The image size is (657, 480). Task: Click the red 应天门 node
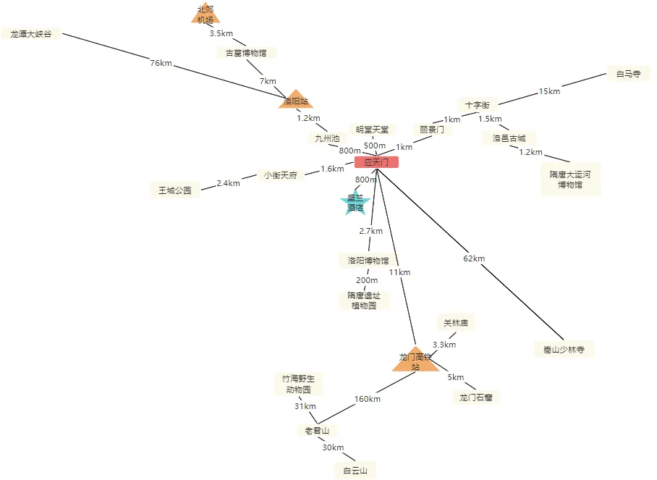pos(376,162)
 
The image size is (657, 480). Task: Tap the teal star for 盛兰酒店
pos(355,203)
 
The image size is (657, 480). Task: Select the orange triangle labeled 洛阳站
pos(296,101)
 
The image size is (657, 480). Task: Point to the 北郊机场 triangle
pos(205,14)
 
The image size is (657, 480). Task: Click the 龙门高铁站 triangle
pos(415,361)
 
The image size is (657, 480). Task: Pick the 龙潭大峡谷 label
pos(31,34)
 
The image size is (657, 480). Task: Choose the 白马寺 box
pos(628,74)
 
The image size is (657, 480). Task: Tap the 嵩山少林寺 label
pos(564,349)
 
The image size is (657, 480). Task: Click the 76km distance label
pos(161,64)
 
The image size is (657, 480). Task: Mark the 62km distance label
pos(474,258)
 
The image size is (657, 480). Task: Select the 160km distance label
pos(368,399)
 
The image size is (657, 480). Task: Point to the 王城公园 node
pos(175,191)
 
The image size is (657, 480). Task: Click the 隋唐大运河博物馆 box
pos(570,180)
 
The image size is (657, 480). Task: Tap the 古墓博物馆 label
pos(246,53)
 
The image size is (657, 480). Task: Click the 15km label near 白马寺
pos(549,91)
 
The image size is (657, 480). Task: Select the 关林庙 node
pos(456,323)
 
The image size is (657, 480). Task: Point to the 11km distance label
pos(399,272)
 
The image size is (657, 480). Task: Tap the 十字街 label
pos(478,105)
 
